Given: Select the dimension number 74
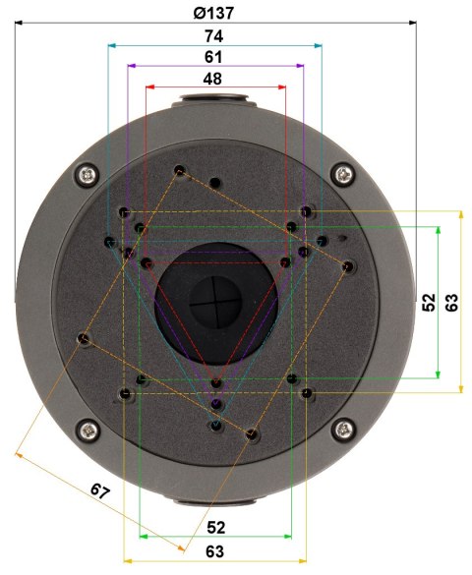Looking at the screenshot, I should (x=213, y=34).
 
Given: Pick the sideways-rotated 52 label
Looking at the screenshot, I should (x=429, y=302).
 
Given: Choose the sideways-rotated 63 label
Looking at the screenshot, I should (x=451, y=302).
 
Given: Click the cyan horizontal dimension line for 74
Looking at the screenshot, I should (x=157, y=45).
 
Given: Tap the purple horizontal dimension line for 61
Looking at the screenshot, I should (x=167, y=66).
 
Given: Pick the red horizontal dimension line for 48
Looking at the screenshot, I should (x=177, y=87).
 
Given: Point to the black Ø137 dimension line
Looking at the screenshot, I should (x=98, y=24).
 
